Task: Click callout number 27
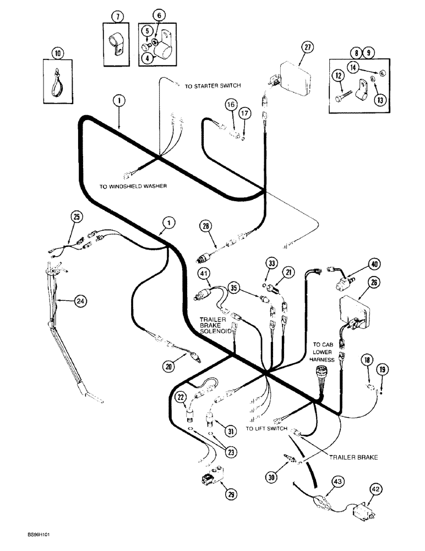(307, 47)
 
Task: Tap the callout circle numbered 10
(58, 53)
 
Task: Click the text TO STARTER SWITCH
(212, 86)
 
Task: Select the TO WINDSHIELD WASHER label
(133, 186)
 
